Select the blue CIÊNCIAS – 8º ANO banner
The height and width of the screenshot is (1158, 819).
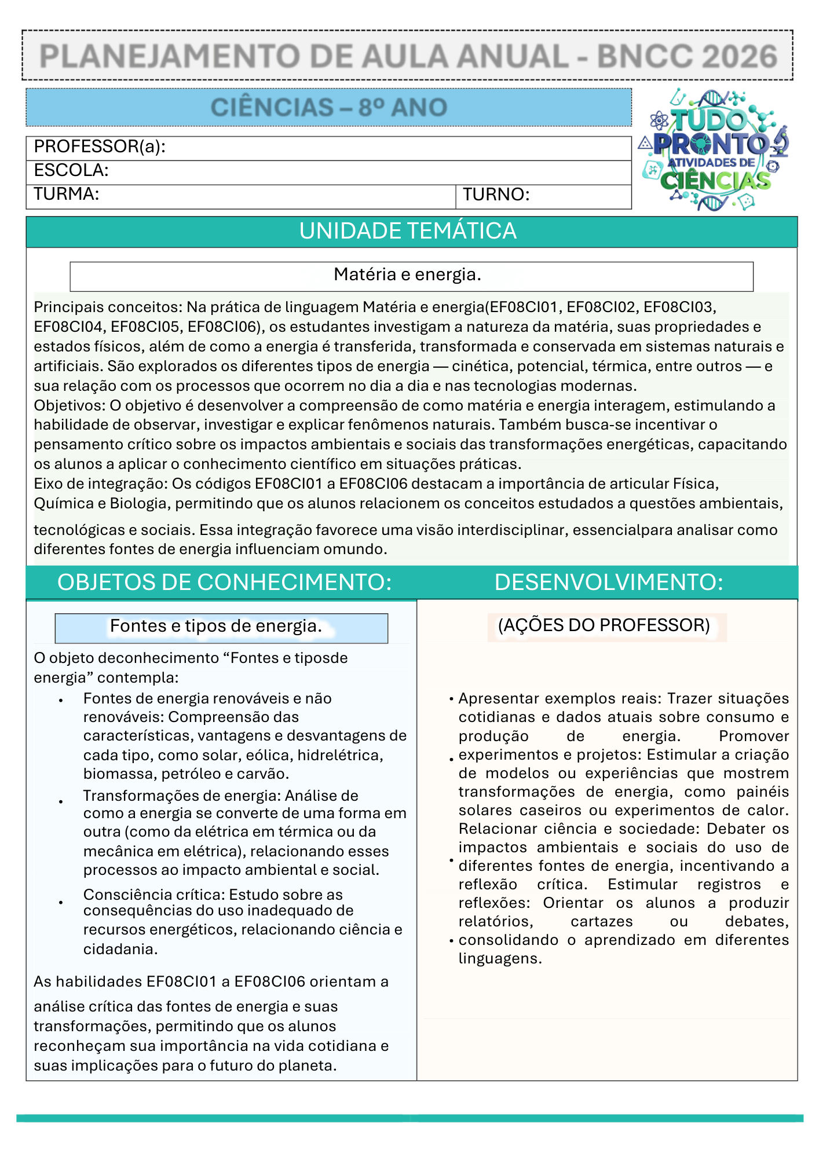(328, 107)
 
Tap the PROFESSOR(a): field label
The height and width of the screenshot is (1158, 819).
(100, 146)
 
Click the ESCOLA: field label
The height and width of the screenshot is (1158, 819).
(71, 170)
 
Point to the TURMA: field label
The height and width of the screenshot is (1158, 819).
(66, 194)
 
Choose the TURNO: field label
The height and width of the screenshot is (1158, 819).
(496, 195)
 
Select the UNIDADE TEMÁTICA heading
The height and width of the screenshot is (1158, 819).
(408, 231)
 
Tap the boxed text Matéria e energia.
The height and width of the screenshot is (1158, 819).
(408, 274)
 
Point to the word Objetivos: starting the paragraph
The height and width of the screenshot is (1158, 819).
(70, 405)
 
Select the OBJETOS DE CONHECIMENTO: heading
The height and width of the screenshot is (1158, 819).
(224, 582)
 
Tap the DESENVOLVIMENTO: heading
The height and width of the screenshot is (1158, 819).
(608, 582)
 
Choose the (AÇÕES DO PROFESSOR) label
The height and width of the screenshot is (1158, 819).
(604, 625)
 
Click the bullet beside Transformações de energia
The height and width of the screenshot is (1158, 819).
(61, 802)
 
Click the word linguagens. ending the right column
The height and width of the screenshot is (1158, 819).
(500, 958)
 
